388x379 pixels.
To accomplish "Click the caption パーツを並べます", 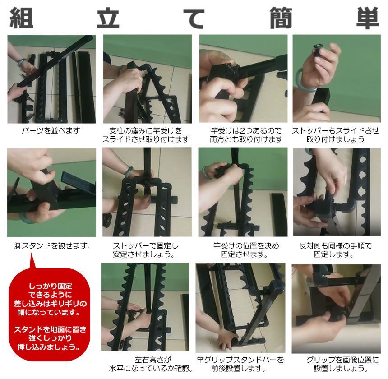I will click(51, 131).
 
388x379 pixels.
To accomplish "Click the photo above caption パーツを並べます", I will click(51, 79).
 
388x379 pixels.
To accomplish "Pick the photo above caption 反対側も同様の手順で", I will click(337, 193).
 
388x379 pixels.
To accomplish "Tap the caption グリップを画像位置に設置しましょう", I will click(336, 364).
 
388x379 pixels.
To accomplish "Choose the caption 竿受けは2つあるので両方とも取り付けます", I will click(242, 135).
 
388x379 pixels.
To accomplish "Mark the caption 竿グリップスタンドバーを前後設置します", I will click(240, 364).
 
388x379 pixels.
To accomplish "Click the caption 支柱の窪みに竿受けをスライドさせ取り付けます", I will click(146, 135).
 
